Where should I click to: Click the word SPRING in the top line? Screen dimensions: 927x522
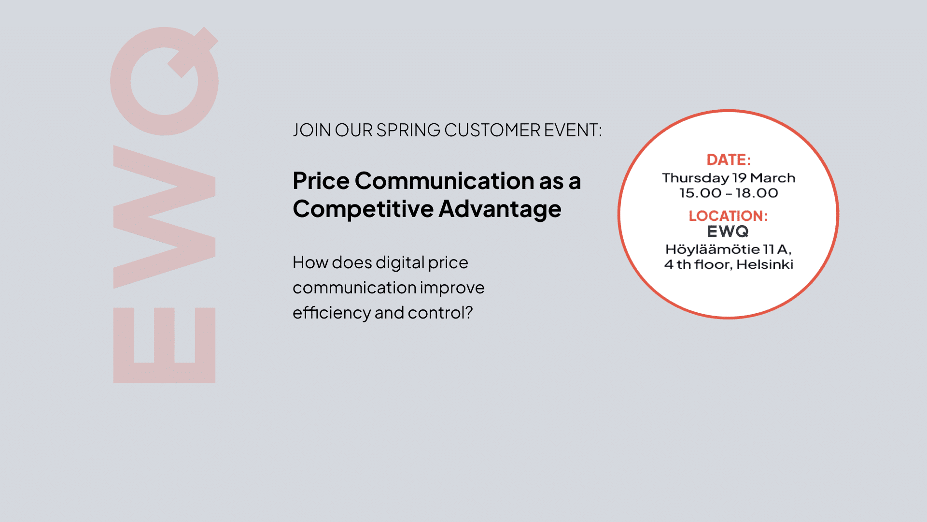tap(408, 130)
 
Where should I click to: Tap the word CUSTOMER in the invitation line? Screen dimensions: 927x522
tap(492, 130)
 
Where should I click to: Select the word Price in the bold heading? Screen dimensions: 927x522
tap(321, 181)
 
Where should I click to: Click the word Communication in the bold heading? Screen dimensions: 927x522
tap(445, 181)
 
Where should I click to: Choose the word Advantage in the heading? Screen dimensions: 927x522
tap(500, 210)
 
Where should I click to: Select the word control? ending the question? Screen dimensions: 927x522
tap(440, 313)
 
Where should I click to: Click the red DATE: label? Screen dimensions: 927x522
tap(729, 160)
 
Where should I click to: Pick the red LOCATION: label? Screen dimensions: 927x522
tap(728, 216)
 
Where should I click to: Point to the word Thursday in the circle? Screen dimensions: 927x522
tap(695, 178)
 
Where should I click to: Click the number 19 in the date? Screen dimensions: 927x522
tap(739, 178)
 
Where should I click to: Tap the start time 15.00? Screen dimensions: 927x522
tap(700, 193)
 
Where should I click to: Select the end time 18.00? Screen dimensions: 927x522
tap(757, 193)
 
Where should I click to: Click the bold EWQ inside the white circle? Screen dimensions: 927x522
tap(728, 232)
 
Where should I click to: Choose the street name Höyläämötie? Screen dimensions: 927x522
tap(713, 249)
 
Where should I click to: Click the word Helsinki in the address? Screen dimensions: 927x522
tap(765, 264)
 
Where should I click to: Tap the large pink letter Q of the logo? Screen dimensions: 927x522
tap(164, 81)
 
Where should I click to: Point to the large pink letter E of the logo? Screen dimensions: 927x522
tap(164, 345)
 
